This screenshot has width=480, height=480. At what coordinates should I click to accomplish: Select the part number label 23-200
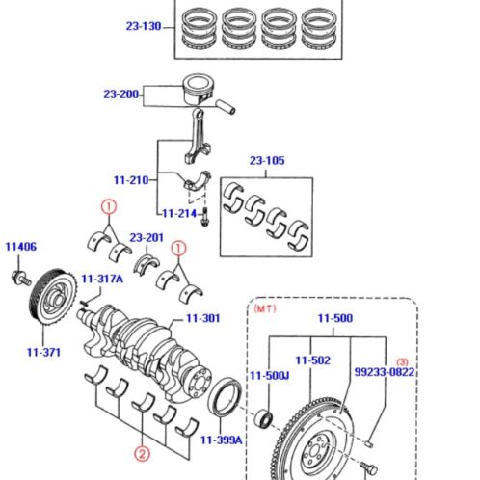tap(122, 94)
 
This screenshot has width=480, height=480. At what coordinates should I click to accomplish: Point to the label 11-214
tap(178, 213)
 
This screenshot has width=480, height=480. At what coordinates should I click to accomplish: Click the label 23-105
tap(268, 161)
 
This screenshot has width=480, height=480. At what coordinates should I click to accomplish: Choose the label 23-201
tap(147, 237)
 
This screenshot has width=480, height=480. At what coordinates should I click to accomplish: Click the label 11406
tap(20, 247)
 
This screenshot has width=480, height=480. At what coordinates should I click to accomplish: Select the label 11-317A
tap(102, 279)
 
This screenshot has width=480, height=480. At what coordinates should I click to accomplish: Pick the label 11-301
tap(203, 317)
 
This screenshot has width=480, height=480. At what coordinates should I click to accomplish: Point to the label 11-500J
tap(270, 375)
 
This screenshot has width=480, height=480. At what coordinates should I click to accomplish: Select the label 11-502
tap(313, 360)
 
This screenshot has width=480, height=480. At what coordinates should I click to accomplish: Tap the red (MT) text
tap(265, 309)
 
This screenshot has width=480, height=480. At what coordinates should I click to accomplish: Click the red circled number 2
tap(142, 454)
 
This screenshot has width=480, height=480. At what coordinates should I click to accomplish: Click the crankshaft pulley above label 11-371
tap(44, 304)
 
